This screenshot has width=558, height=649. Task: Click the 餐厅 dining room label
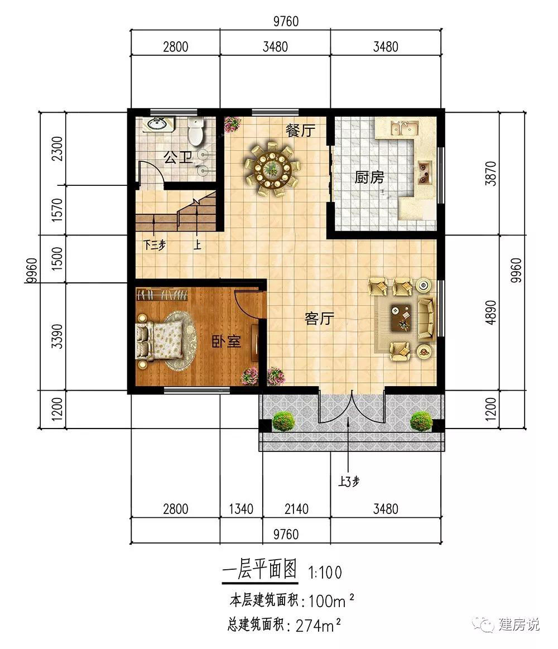[x=301, y=131]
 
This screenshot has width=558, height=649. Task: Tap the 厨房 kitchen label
[x=369, y=177]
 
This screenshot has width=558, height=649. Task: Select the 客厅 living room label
[x=319, y=318]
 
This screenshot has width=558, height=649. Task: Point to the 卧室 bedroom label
[x=226, y=342]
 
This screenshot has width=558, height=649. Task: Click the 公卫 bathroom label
[x=178, y=157]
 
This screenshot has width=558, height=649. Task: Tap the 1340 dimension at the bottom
[x=241, y=509]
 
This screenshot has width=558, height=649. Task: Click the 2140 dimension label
[x=296, y=509]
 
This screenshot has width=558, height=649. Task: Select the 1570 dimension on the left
[x=57, y=210]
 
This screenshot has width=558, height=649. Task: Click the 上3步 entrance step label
[x=349, y=482]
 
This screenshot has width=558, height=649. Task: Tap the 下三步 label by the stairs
[x=155, y=244]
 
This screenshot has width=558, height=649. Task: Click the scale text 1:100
[x=325, y=573]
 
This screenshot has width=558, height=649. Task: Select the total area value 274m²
[x=318, y=626]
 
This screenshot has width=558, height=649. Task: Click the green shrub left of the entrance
[x=283, y=421]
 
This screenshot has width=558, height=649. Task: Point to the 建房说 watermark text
[x=519, y=624]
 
